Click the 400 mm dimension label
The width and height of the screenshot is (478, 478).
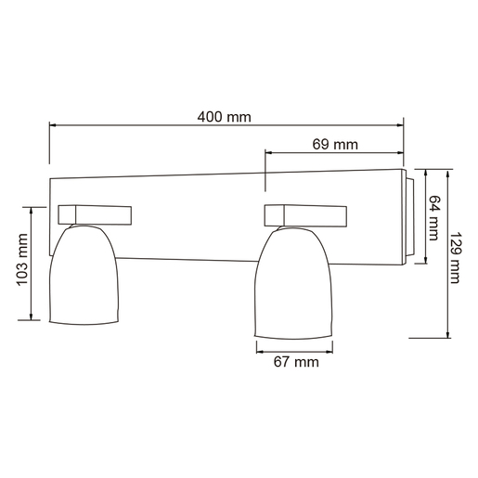coord(225,117)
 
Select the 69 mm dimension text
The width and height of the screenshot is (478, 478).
coord(335,145)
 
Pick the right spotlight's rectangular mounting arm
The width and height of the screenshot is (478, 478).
coord(306,214)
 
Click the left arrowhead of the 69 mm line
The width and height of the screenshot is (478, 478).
coord(269,154)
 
